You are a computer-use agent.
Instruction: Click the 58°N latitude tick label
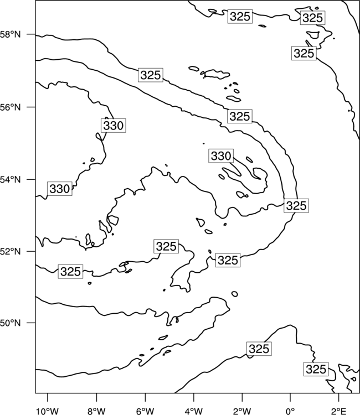click(x=10, y=34)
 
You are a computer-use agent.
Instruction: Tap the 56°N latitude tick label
click(x=10, y=107)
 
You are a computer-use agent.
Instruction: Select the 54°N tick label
click(x=10, y=179)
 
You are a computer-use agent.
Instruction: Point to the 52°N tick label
click(x=10, y=251)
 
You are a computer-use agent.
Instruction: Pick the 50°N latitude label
click(x=10, y=323)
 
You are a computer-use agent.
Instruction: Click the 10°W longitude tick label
click(x=48, y=411)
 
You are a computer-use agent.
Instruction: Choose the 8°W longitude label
click(x=96, y=411)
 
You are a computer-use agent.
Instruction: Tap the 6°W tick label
click(x=145, y=411)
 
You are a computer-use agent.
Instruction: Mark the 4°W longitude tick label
click(x=194, y=411)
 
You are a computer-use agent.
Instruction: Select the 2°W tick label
click(x=242, y=411)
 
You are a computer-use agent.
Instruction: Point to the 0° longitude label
click(x=290, y=411)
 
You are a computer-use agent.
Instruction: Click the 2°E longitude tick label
click(x=339, y=411)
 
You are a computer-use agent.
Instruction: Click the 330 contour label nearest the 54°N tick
click(x=60, y=189)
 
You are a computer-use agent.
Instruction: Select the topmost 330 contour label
click(x=114, y=125)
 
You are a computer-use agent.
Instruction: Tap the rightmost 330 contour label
click(x=221, y=155)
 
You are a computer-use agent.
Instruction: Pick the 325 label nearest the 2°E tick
click(x=316, y=369)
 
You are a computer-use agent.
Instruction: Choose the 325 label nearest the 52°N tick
click(x=70, y=271)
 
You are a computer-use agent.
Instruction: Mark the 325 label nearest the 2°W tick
click(x=259, y=349)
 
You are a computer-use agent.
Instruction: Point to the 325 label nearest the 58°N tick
click(x=151, y=75)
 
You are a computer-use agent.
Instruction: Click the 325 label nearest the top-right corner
click(x=312, y=18)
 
